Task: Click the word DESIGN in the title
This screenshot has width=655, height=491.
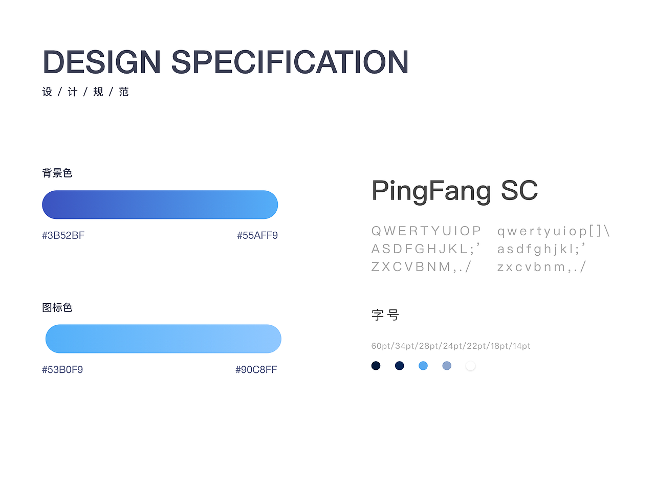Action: [x=102, y=62]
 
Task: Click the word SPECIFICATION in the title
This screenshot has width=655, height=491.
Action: [x=290, y=62]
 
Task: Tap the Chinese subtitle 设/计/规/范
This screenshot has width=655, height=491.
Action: [x=85, y=92]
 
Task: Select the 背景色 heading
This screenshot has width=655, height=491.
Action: [x=57, y=173]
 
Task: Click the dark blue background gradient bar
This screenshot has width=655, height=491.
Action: [x=160, y=205]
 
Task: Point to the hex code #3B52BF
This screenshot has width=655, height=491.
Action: [x=63, y=235]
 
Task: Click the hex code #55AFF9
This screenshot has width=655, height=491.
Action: [x=257, y=235]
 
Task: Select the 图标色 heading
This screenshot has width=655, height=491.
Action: [x=57, y=307]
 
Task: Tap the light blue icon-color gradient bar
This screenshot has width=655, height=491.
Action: [x=163, y=339]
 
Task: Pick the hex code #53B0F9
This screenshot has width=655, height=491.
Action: [x=62, y=370]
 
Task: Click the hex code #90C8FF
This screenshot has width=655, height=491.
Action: [x=256, y=370]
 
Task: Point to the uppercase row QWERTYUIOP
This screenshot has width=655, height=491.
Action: [x=426, y=231]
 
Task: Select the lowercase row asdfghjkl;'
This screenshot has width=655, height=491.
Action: [x=541, y=249]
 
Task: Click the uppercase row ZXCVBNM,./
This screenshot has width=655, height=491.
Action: [x=421, y=267]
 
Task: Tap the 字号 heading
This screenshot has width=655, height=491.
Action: [x=385, y=315]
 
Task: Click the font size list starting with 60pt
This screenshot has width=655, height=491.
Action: [x=451, y=346]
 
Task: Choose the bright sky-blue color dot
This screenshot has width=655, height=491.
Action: [x=423, y=366]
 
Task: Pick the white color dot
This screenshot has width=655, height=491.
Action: [x=470, y=366]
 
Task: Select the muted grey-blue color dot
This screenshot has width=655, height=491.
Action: [x=447, y=366]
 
